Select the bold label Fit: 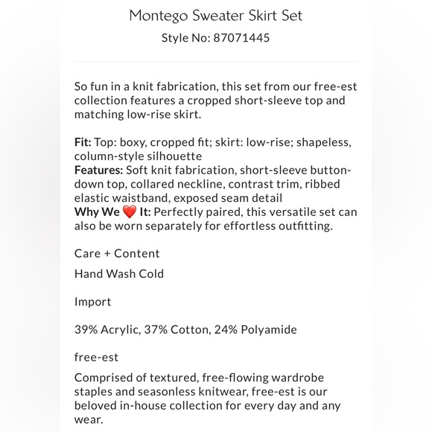83,142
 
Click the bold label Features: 99,170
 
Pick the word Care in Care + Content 88,253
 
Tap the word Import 93,302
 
